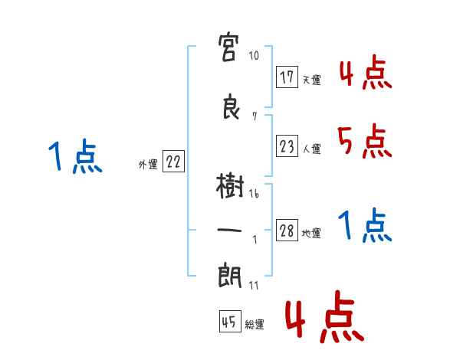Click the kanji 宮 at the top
tap(230, 51)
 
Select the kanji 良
tap(230, 107)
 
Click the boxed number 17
tap(287, 77)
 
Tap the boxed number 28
tap(287, 231)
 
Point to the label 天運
tap(311, 80)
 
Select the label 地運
tap(311, 234)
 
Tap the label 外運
tap(147, 165)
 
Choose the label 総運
tap(255, 325)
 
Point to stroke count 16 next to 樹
tap(254, 194)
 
